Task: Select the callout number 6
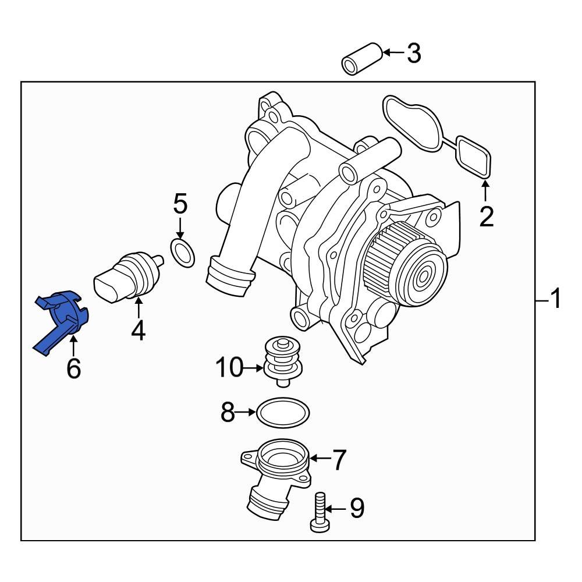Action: (x=73, y=369)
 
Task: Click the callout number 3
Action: (x=413, y=54)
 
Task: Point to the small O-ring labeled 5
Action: (x=183, y=253)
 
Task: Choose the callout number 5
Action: (x=180, y=204)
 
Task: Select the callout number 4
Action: (x=138, y=331)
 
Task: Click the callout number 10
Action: (x=228, y=368)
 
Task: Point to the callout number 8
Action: (x=228, y=413)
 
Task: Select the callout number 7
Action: (x=339, y=460)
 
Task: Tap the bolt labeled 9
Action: (x=320, y=512)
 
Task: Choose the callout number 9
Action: (x=356, y=508)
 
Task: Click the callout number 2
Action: (x=486, y=217)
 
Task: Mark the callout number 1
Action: (x=556, y=300)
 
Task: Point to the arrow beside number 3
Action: (x=393, y=54)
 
